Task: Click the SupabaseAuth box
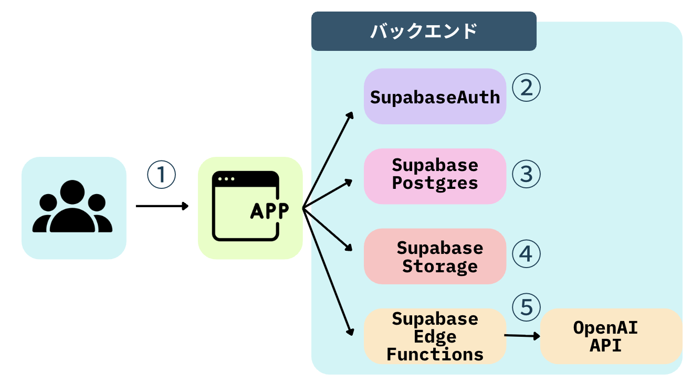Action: click(435, 97)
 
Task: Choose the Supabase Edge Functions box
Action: click(435, 336)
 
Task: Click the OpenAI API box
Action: click(611, 336)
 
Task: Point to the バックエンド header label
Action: click(423, 31)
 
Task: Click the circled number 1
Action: click(160, 175)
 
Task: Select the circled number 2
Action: click(526, 88)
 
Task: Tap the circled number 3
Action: click(526, 174)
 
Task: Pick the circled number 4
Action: click(526, 254)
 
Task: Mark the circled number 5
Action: click(526, 307)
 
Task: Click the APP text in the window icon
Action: click(269, 210)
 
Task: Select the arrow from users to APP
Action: click(161, 206)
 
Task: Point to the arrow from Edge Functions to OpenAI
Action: click(522, 336)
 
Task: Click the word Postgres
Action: click(435, 184)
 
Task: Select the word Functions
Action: click(435, 354)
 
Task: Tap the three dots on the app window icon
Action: click(226, 179)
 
